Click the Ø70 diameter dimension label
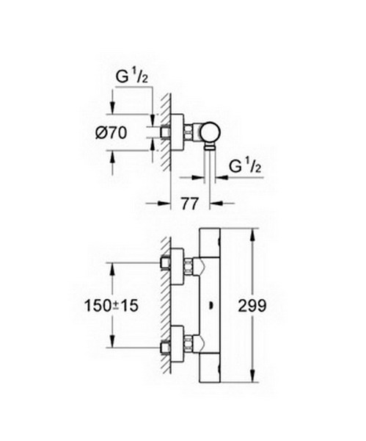[x=111, y=133]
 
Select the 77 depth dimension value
[x=190, y=204]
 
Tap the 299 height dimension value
[x=252, y=306]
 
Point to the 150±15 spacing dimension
[x=111, y=306]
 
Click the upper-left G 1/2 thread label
[x=132, y=76]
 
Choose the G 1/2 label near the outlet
[x=245, y=165]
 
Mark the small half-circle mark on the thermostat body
[x=211, y=306]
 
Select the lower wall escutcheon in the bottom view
[x=177, y=344]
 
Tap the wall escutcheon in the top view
[x=177, y=132]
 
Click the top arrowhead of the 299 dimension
[x=253, y=236]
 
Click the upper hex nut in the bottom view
[x=189, y=266]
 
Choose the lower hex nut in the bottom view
[x=189, y=344]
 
